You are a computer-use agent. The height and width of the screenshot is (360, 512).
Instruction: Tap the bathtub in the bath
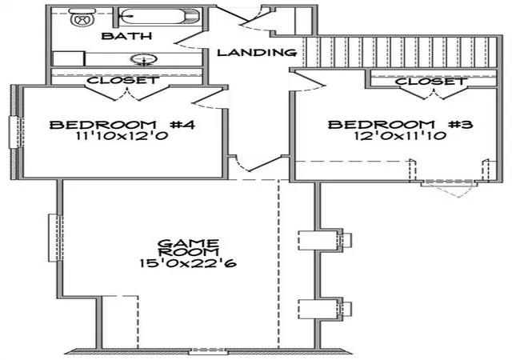[158, 17]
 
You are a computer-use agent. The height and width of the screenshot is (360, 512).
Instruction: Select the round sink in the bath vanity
[144, 59]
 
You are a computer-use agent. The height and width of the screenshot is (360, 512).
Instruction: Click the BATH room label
[126, 36]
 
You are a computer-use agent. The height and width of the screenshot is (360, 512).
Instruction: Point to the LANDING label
[258, 52]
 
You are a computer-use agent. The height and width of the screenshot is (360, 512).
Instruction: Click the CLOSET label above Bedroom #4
[122, 80]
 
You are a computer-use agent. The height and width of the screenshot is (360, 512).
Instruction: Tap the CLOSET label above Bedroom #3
[430, 82]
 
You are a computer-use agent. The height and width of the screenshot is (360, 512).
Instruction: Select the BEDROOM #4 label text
[122, 125]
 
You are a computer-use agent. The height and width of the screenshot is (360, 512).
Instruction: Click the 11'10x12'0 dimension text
[122, 135]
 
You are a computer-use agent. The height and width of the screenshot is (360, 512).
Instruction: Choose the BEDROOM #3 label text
[400, 125]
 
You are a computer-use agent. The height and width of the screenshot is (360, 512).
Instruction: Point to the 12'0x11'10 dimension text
[400, 135]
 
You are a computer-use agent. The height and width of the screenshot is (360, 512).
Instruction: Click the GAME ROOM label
[189, 248]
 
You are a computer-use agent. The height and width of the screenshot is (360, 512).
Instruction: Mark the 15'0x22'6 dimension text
[188, 263]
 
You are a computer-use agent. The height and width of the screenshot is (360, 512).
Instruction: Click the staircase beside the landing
[400, 52]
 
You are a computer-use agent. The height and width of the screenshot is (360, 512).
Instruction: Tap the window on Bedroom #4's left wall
[16, 132]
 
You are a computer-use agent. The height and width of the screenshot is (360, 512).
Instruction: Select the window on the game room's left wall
[55, 238]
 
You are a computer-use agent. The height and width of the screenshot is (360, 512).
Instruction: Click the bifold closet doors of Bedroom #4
[126, 93]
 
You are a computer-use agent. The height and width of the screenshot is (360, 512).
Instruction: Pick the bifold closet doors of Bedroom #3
[434, 93]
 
